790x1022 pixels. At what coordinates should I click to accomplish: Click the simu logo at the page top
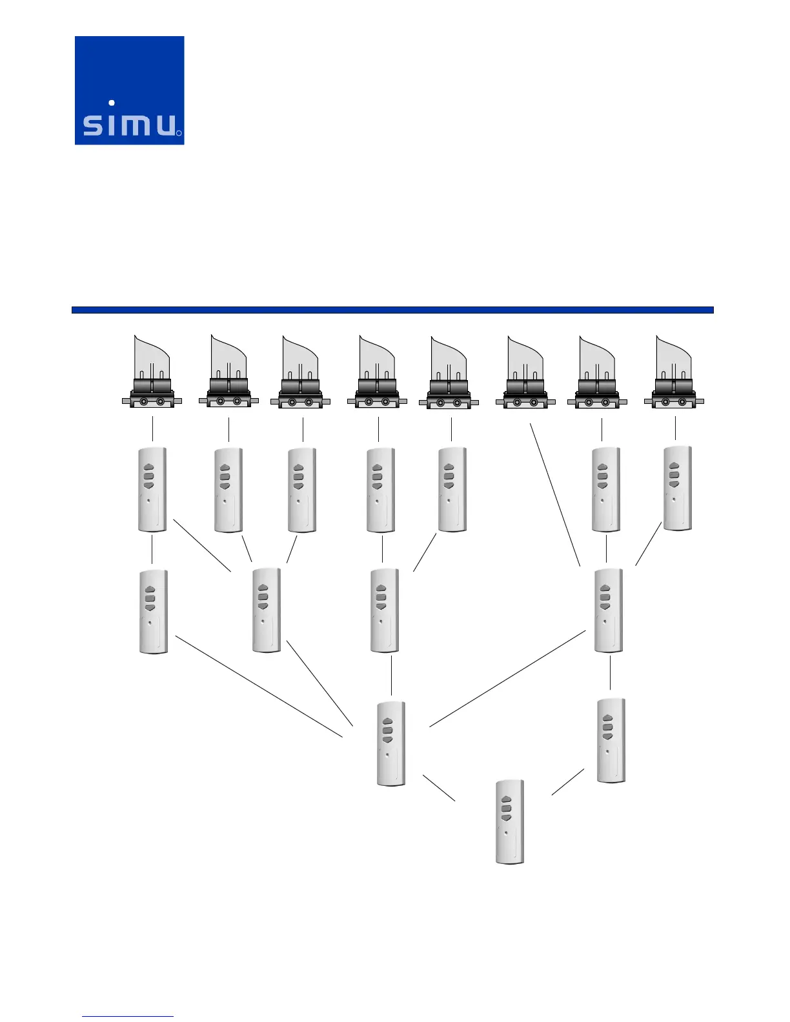(129, 90)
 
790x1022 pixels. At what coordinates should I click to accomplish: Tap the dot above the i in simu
(112, 103)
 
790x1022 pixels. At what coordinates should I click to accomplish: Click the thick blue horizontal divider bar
(392, 310)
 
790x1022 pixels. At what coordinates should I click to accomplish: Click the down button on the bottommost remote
(507, 817)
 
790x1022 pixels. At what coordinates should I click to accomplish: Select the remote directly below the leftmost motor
(152, 490)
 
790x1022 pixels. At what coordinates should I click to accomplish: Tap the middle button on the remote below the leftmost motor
(148, 476)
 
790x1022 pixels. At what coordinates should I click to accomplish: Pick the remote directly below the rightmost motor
(678, 488)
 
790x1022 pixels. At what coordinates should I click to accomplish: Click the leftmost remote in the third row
(154, 612)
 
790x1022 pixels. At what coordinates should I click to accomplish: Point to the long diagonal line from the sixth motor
(555, 494)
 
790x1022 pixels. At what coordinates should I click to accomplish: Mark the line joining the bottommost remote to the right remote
(568, 782)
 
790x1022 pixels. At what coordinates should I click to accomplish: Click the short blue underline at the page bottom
(128, 1016)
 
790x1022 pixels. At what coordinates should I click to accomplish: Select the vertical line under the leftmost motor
(152, 429)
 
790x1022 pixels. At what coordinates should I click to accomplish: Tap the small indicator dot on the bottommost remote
(506, 832)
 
